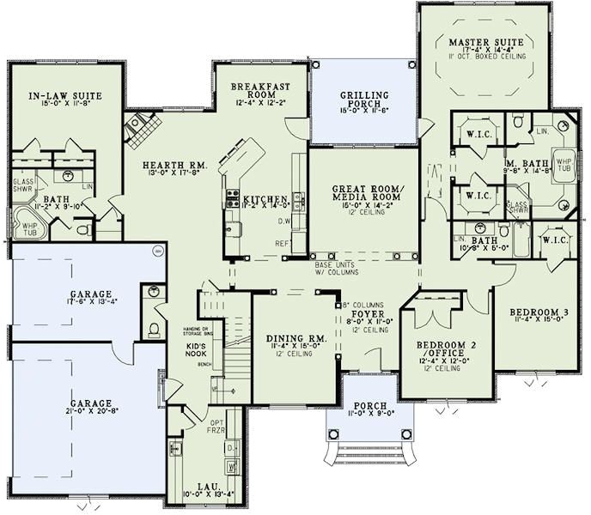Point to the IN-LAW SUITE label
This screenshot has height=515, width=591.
click(60, 95)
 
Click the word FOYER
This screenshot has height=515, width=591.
click(366, 314)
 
